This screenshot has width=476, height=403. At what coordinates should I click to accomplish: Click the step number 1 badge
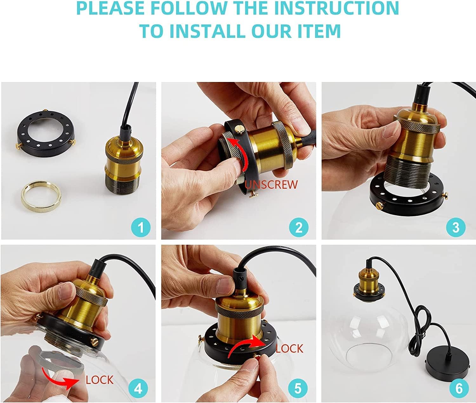(x=141, y=227)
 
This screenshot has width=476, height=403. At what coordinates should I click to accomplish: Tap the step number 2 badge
(x=299, y=227)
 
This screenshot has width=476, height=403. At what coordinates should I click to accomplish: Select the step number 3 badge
(x=456, y=227)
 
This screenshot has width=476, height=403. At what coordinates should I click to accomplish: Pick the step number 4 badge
(x=138, y=389)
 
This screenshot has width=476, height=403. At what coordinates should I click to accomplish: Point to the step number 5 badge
(x=298, y=389)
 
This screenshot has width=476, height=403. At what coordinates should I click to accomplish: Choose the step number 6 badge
(x=459, y=389)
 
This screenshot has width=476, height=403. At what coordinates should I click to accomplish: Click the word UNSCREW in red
(x=271, y=185)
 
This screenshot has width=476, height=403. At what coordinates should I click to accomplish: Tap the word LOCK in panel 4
(x=100, y=380)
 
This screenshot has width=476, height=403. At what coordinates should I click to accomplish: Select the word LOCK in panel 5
(x=289, y=348)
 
